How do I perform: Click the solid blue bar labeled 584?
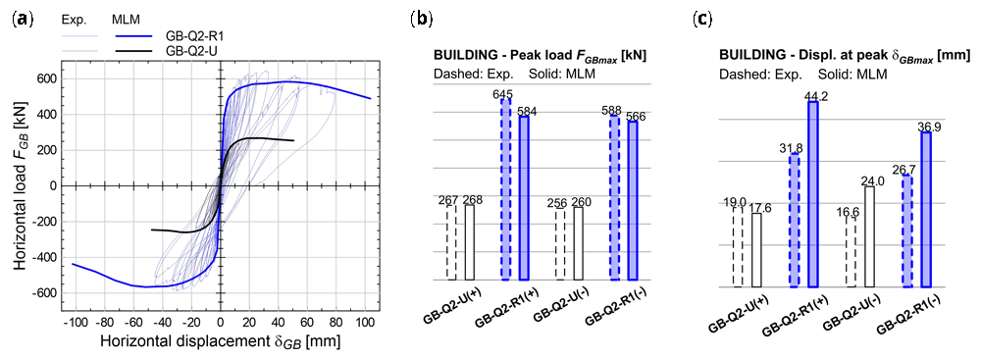(x=524, y=198)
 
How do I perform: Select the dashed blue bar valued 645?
(x=505, y=189)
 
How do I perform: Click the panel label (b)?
(x=421, y=19)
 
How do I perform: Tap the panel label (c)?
(x=703, y=19)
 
